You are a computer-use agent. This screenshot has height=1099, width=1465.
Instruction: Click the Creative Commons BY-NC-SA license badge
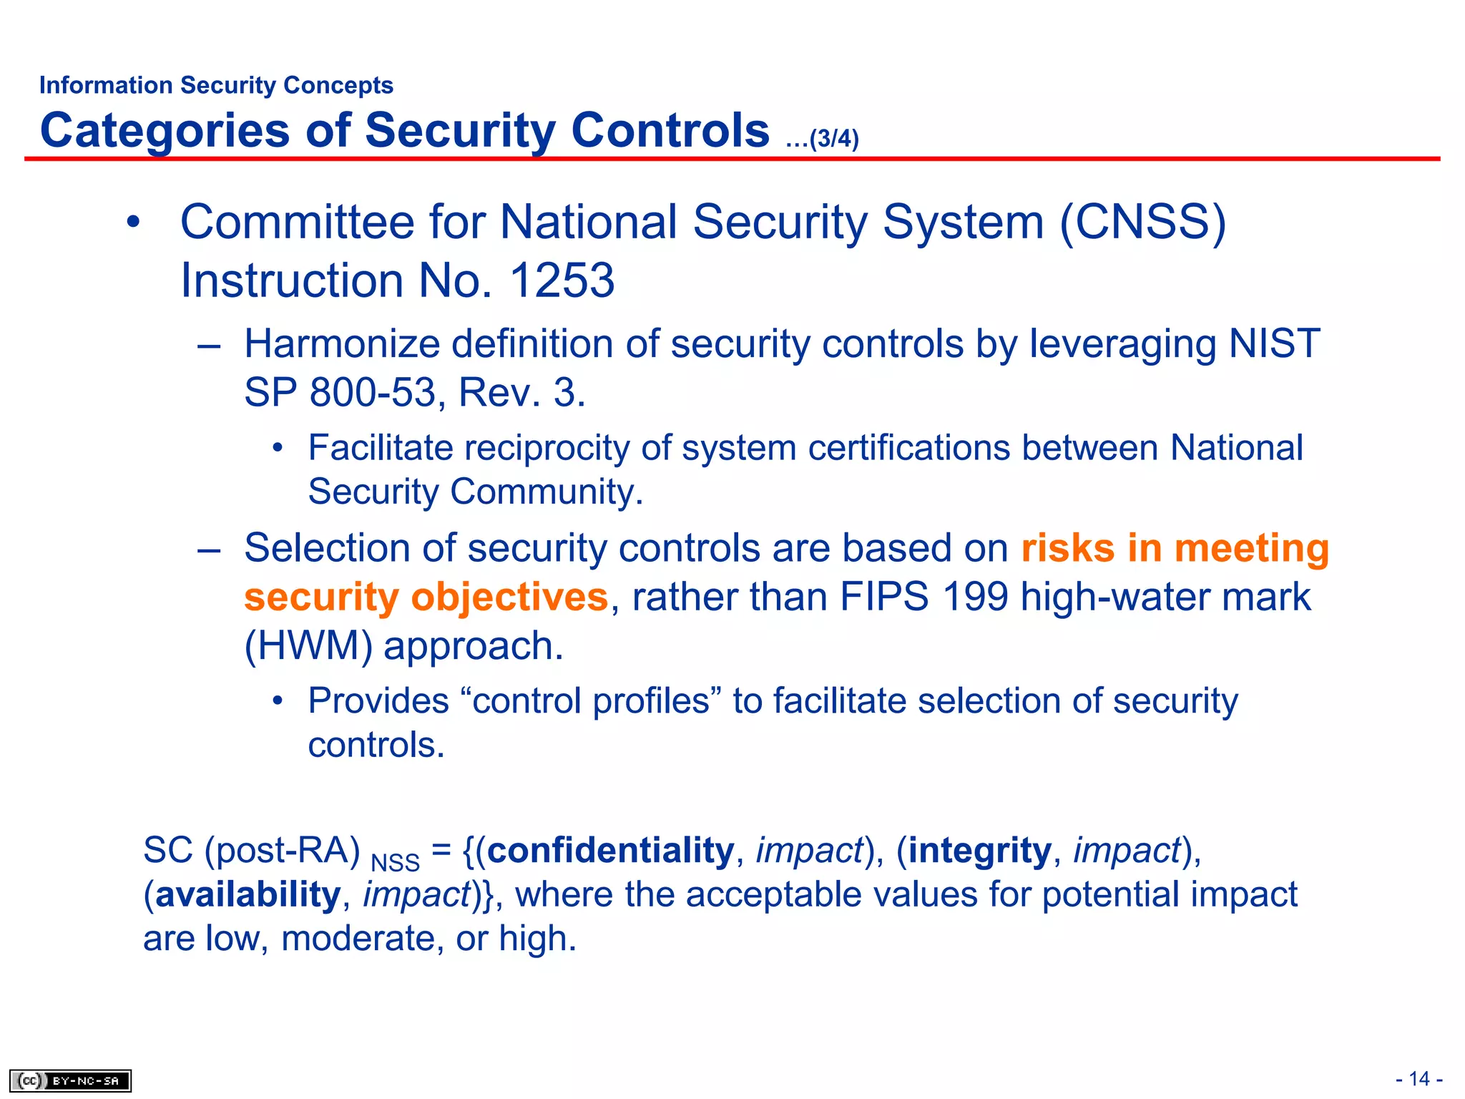[70, 1080]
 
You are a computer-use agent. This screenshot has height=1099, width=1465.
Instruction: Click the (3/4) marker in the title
[833, 138]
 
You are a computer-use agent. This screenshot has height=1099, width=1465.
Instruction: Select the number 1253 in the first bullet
[562, 280]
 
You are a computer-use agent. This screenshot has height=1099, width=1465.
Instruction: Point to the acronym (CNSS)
[1142, 222]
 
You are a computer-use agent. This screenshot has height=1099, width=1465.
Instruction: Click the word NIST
[1274, 343]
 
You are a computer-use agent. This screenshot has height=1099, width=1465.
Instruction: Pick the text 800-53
[372, 393]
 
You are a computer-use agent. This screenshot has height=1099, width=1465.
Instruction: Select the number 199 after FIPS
[974, 597]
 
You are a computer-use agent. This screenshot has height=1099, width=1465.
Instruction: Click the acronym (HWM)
[308, 646]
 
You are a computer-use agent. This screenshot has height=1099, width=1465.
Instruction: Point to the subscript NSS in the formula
[395, 862]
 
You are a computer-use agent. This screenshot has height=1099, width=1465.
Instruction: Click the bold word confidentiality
[611, 850]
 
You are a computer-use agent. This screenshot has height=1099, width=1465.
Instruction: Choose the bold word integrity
[979, 850]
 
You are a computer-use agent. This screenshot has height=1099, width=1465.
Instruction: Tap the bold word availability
[248, 894]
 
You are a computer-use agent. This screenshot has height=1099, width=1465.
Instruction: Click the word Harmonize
[341, 343]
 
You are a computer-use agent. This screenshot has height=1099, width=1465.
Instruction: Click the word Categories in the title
[165, 131]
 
